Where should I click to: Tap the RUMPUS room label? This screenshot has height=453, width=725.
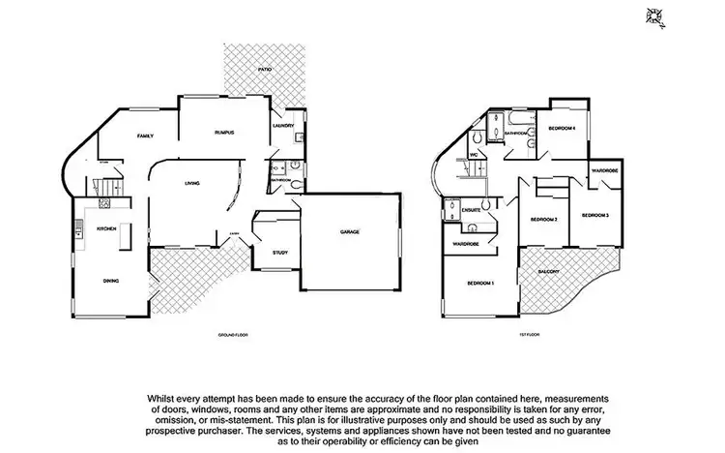(x=225, y=132)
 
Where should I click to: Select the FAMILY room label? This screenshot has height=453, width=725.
(x=146, y=136)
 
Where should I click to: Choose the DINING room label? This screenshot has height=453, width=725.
(x=112, y=280)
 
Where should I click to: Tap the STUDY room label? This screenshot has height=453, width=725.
(x=280, y=253)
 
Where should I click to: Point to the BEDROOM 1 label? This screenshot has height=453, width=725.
(x=479, y=283)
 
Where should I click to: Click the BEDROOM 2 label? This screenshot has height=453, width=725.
(x=544, y=220)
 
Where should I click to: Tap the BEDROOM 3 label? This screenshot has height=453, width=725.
(x=594, y=214)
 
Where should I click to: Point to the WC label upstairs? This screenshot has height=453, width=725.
(x=475, y=155)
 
